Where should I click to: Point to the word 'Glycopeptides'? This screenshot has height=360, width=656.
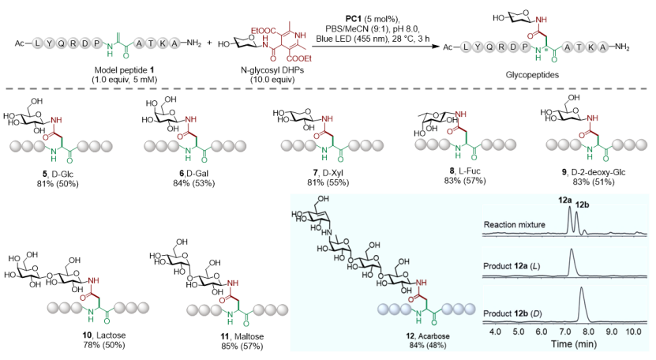point(532,75)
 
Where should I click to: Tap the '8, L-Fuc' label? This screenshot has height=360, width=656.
point(465,171)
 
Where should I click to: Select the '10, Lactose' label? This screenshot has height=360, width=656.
point(104,336)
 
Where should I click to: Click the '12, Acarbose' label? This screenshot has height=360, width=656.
point(428,336)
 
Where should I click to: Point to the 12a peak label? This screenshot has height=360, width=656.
point(564,200)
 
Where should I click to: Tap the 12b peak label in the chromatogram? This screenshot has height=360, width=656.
point(582,204)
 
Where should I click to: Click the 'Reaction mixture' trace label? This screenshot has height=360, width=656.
point(514,225)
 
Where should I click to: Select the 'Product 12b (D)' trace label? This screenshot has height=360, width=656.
point(512,313)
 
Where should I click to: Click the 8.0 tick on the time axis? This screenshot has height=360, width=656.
point(588,332)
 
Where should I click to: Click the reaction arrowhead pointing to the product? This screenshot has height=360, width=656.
point(437,47)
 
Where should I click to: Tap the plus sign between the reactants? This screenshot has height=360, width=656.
point(209,43)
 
